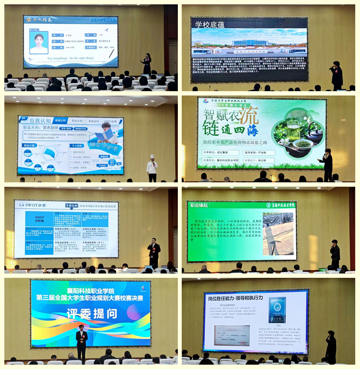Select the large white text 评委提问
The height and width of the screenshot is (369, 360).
coord(91,313)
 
